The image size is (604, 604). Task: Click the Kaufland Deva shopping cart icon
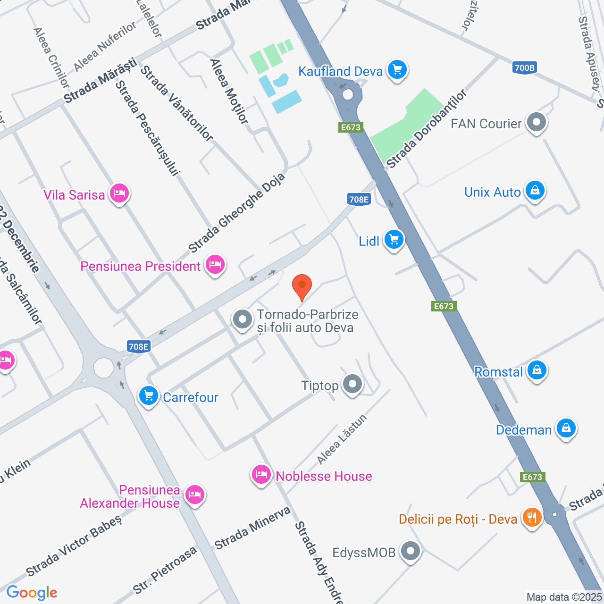(x=397, y=70)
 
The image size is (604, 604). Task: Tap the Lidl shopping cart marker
(x=394, y=240)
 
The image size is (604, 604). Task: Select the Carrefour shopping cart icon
(x=149, y=395)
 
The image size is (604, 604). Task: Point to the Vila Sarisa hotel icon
(x=119, y=193)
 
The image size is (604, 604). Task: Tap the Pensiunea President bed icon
(x=215, y=265)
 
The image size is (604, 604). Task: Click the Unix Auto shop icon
(x=535, y=191)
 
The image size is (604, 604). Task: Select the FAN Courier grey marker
(x=536, y=123)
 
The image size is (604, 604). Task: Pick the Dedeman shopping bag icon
(x=566, y=428)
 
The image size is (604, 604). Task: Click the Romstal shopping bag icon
(x=537, y=370)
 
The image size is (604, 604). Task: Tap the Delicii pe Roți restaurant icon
(x=532, y=518)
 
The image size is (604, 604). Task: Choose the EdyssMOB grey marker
(x=411, y=551)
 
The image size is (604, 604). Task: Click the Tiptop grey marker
(x=352, y=385)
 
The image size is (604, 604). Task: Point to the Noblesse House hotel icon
(x=261, y=475)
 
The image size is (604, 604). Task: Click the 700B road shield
(x=524, y=68)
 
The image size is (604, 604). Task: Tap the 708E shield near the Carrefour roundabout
(x=139, y=347)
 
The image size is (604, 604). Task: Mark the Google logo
(x=32, y=593)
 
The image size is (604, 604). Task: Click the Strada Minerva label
(x=252, y=528)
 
